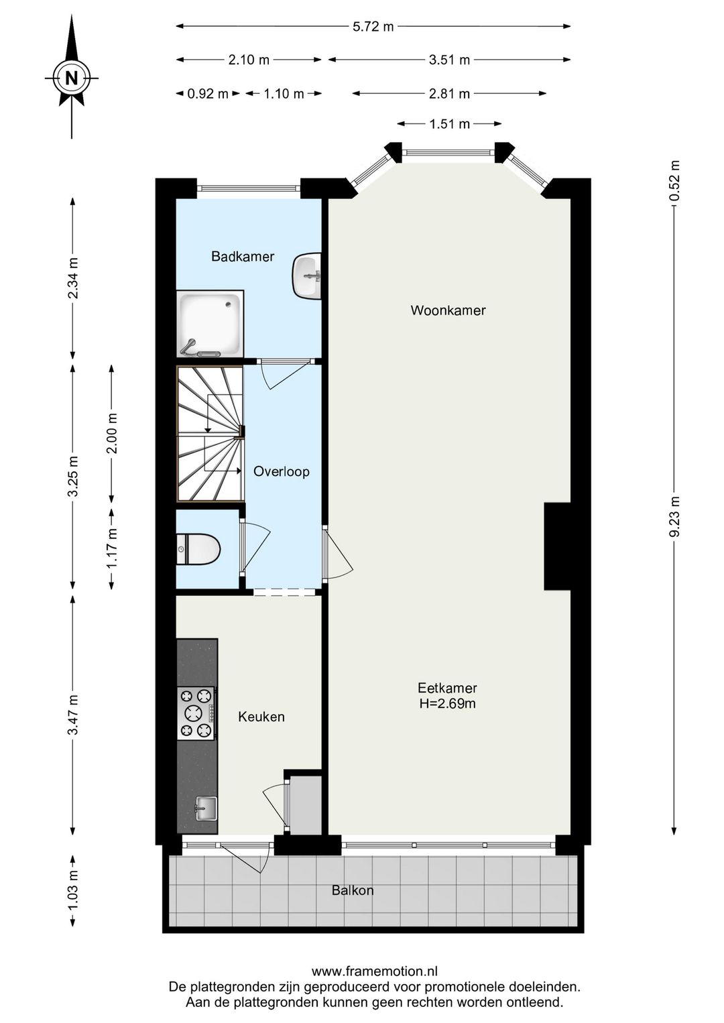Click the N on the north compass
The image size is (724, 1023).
(x=71, y=78)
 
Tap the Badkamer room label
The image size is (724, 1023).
(x=243, y=256)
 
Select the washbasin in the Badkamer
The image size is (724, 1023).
(x=306, y=276)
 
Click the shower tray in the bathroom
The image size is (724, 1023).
(x=210, y=324)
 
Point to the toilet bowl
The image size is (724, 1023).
(x=198, y=549)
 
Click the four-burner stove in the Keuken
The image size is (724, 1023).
(x=196, y=713)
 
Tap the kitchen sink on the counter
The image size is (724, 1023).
(x=206, y=808)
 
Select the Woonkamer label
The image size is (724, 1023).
(x=448, y=310)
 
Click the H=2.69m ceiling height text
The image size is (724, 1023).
(x=448, y=703)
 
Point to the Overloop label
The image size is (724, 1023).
(x=282, y=471)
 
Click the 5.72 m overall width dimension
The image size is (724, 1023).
(x=373, y=27)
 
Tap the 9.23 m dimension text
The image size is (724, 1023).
(x=674, y=517)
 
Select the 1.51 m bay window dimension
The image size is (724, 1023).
(x=449, y=124)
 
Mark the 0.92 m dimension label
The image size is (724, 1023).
(x=208, y=94)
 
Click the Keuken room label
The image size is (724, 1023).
(x=261, y=717)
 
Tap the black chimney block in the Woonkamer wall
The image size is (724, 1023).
(x=557, y=546)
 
